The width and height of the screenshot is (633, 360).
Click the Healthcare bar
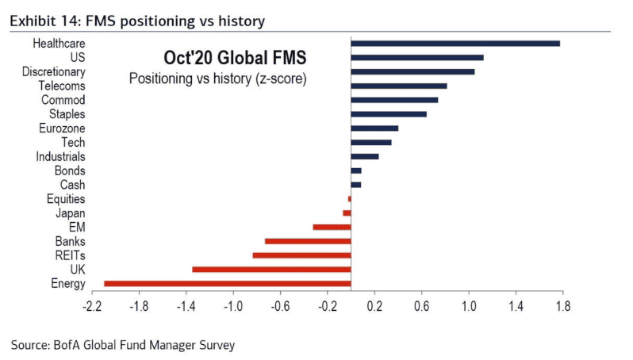pyautogui.click(x=455, y=43)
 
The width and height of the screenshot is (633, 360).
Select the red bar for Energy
pyautogui.click(x=228, y=283)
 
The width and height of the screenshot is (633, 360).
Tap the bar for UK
pyautogui.click(x=271, y=270)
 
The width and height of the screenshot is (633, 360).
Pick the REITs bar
pyautogui.click(x=301, y=255)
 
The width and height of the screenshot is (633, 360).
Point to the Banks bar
pyautogui.click(x=308, y=241)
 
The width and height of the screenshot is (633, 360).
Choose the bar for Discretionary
pyautogui.click(x=412, y=71)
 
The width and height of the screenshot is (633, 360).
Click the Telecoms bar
pyautogui.click(x=398, y=86)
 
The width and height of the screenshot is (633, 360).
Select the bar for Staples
pyautogui.click(x=389, y=114)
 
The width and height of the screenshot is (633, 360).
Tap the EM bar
pyautogui.click(x=332, y=227)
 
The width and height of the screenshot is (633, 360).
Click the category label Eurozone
pyautogui.click(x=62, y=128)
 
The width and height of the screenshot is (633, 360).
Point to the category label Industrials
pyautogui.click(x=61, y=157)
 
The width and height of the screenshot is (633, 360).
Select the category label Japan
pyautogui.click(x=71, y=213)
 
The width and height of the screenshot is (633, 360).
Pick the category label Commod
pyautogui.click(x=63, y=100)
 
